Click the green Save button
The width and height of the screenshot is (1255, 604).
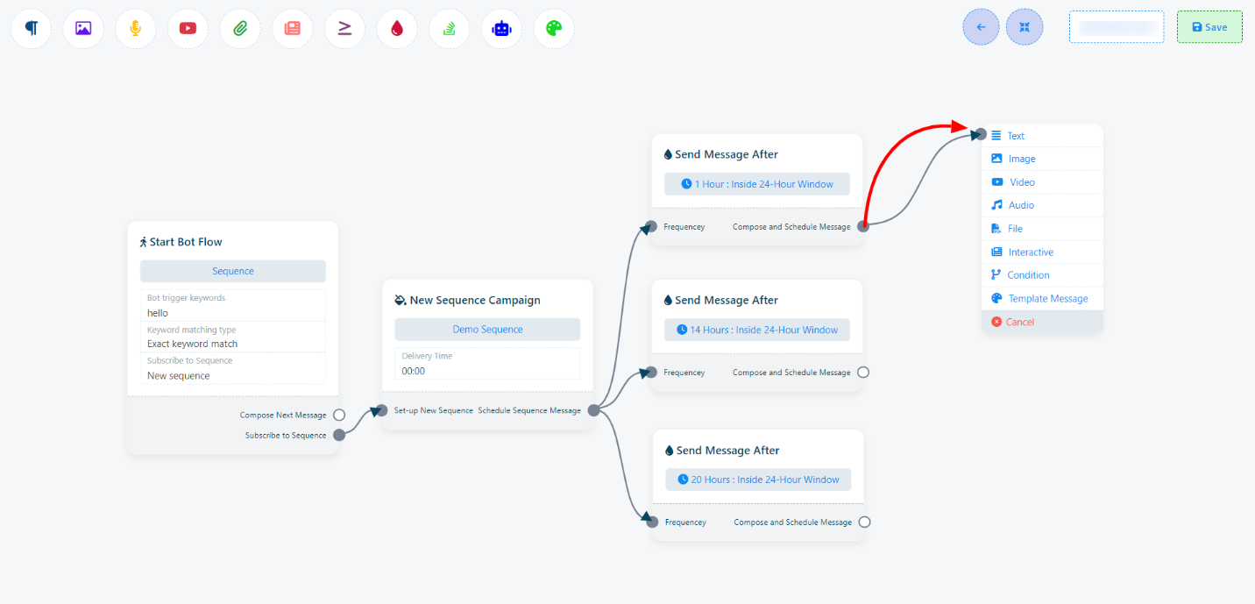(x=1209, y=27)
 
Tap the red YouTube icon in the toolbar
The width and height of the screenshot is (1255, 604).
(x=188, y=28)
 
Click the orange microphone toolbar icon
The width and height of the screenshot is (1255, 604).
(x=135, y=28)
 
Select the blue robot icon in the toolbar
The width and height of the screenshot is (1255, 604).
(x=501, y=28)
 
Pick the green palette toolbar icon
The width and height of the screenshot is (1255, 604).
(x=554, y=28)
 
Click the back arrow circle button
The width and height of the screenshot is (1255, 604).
(x=981, y=27)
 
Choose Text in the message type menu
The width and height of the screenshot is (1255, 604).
(x=1015, y=136)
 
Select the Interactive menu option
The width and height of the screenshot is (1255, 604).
(x=1030, y=252)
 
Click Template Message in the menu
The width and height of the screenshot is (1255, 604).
(x=1047, y=299)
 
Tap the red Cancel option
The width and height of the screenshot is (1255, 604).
(x=1019, y=323)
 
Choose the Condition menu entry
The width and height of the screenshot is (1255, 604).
(x=1028, y=275)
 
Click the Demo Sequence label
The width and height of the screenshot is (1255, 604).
(x=487, y=330)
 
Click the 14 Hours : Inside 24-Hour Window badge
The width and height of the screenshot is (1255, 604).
(x=757, y=330)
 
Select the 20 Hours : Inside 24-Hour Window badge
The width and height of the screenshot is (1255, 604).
(x=758, y=480)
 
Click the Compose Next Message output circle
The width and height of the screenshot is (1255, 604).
(x=339, y=416)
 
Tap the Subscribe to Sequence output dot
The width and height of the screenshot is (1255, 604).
(x=339, y=435)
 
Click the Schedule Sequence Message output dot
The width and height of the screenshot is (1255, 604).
(x=593, y=410)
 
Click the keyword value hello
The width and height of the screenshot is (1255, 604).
(x=158, y=313)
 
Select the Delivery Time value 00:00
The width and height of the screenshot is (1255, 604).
(x=414, y=371)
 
